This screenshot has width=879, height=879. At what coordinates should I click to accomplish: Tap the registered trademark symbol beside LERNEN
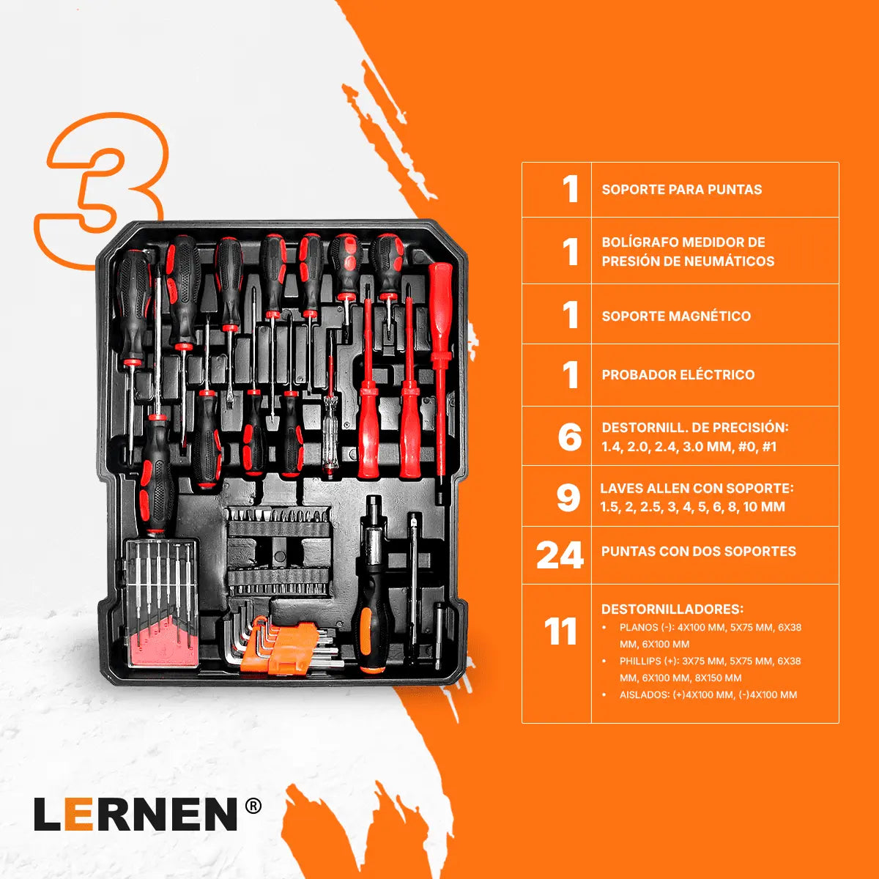(253, 806)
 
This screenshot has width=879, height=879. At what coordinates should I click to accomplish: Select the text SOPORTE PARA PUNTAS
(681, 189)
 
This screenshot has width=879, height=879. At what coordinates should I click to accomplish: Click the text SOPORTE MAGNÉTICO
(676, 316)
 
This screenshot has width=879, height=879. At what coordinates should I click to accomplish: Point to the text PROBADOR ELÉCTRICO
(678, 374)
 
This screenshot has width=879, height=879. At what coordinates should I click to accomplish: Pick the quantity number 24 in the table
(560, 555)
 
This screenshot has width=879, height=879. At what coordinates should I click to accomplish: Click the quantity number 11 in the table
(560, 631)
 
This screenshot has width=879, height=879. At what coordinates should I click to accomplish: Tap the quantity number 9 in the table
(568, 497)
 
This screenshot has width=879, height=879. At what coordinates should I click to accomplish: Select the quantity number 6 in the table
(570, 437)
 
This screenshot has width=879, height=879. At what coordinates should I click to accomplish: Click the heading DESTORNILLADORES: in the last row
(672, 609)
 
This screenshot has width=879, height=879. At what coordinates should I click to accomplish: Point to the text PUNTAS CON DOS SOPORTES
(698, 551)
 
